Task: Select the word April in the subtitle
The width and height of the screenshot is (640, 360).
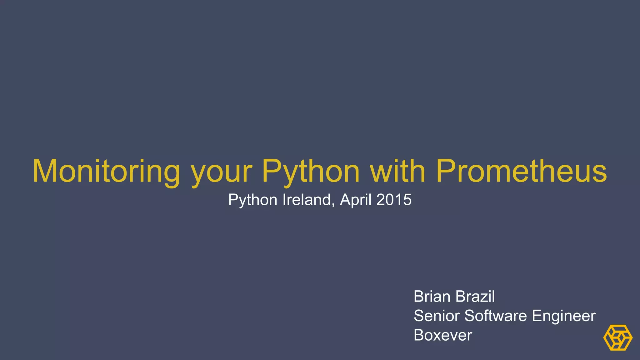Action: tap(356, 200)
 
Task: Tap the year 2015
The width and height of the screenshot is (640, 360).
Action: tap(394, 200)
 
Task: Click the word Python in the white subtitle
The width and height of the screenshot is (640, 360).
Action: tap(253, 200)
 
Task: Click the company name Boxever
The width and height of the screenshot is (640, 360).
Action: tap(442, 335)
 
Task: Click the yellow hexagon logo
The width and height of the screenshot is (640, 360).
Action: tap(617, 337)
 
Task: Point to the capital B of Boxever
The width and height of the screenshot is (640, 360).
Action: tap(418, 335)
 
